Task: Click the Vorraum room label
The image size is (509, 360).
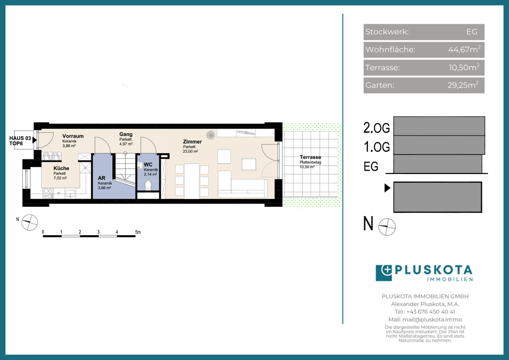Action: pyautogui.click(x=73, y=136)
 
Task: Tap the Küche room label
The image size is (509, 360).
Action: pyautogui.click(x=62, y=168)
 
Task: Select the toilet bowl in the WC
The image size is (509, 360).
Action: pyautogui.click(x=148, y=185)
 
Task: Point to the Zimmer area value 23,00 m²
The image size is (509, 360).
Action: pyautogui.click(x=190, y=152)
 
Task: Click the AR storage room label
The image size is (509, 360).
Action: pyautogui.click(x=101, y=178)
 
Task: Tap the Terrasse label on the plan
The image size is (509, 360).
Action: pyautogui.click(x=310, y=157)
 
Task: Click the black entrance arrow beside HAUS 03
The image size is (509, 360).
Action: pyautogui.click(x=34, y=140)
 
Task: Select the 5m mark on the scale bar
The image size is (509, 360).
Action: pyautogui.click(x=138, y=232)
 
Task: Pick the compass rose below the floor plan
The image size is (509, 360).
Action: pyautogui.click(x=30, y=222)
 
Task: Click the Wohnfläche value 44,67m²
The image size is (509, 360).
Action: pyautogui.click(x=464, y=49)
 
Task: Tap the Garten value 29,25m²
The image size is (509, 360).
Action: pyautogui.click(x=463, y=85)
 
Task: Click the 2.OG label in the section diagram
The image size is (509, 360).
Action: pyautogui.click(x=377, y=128)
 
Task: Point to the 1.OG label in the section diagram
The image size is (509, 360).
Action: pyautogui.click(x=377, y=147)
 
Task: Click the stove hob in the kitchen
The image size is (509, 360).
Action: pyautogui.click(x=48, y=193)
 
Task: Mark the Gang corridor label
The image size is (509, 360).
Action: pyautogui.click(x=126, y=134)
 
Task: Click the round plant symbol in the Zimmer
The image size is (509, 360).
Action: pyautogui.click(x=211, y=135)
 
